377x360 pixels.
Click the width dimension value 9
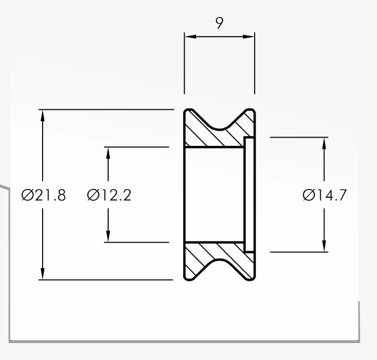[219, 23]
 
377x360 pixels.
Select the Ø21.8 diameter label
[44, 195]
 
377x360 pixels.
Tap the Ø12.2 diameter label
[109, 195]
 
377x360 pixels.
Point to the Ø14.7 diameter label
[325, 195]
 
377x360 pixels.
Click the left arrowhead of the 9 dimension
[191, 37]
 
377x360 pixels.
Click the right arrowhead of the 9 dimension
[249, 37]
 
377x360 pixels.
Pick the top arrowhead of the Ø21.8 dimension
[43, 116]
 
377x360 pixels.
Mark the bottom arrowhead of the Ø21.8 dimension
[43, 274]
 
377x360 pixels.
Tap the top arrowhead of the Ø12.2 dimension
[108, 153]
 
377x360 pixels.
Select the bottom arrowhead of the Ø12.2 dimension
[108, 236]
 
